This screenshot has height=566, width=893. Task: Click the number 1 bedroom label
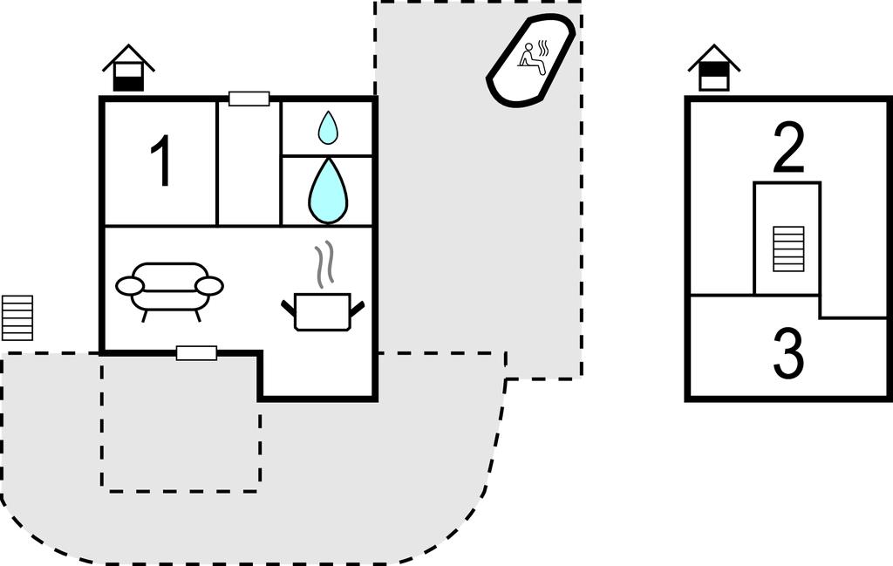161,162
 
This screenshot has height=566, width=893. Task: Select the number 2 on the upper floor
788,148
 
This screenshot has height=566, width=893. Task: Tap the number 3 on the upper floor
788,354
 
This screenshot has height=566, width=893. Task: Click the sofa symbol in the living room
170,288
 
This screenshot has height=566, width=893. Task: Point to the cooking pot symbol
322,311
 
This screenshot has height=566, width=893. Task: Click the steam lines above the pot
324,265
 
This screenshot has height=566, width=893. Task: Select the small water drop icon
328,127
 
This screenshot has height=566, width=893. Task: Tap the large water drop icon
328,190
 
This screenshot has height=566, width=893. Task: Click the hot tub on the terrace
530,60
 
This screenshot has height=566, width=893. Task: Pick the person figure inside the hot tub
532,58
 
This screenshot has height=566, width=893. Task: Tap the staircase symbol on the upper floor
788,249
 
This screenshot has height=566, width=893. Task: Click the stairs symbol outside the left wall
17,317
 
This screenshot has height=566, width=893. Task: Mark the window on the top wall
249,99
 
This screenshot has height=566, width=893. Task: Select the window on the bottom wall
196,353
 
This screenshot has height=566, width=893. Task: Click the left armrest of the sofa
130,286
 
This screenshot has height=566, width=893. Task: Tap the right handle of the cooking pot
356,306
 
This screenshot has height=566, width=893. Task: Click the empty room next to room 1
249,164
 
